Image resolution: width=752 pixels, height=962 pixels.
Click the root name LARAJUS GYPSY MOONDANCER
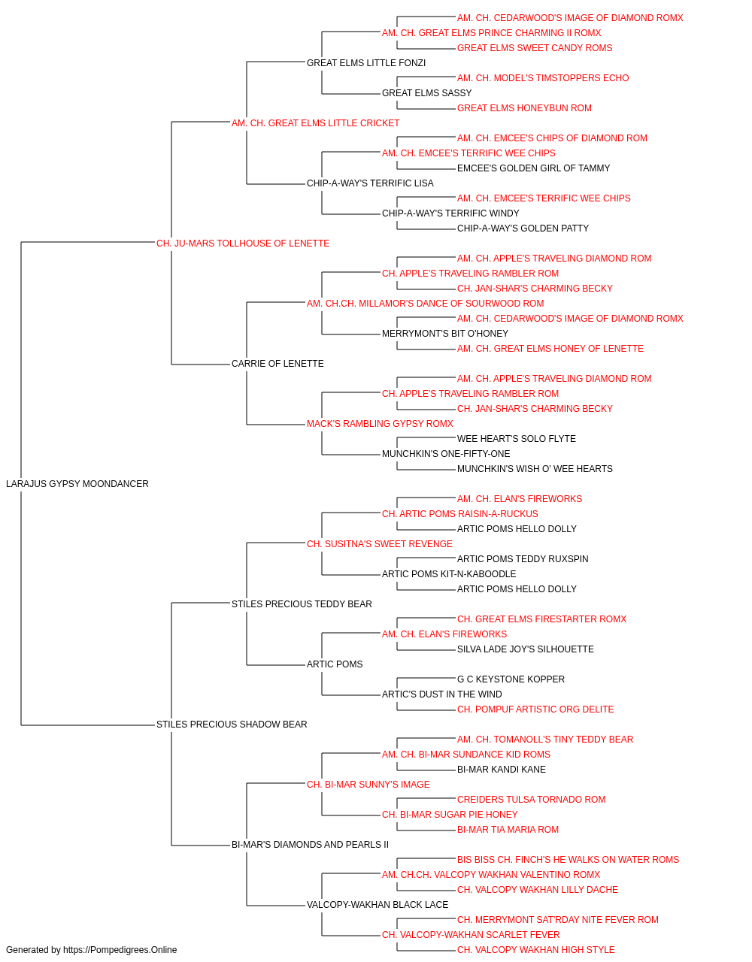pyautogui.click(x=77, y=484)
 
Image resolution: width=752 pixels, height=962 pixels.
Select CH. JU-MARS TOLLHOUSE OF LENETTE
pyautogui.click(x=243, y=244)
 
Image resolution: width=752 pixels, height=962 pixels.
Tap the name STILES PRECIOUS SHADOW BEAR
pyautogui.click(x=232, y=725)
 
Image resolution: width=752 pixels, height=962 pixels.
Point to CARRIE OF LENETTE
pyautogui.click(x=277, y=364)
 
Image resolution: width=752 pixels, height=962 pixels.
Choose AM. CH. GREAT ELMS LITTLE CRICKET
pyautogui.click(x=315, y=123)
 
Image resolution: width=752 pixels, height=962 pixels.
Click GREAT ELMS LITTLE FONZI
pyautogui.click(x=366, y=63)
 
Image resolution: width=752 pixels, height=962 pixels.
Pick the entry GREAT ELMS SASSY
pyautogui.click(x=427, y=93)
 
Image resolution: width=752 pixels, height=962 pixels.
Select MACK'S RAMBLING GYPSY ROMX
pyautogui.click(x=380, y=424)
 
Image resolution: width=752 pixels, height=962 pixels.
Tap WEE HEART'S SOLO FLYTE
pyautogui.click(x=517, y=439)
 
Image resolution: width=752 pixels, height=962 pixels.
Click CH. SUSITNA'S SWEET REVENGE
pyautogui.click(x=380, y=544)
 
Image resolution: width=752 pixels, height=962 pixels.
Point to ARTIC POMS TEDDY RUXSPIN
pyautogui.click(x=523, y=559)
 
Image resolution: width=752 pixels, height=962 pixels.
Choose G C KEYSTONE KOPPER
pyautogui.click(x=511, y=679)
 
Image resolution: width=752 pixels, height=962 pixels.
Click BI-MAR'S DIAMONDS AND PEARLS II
pyautogui.click(x=310, y=845)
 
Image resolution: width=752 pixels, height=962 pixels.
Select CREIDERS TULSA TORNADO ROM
pyautogui.click(x=531, y=800)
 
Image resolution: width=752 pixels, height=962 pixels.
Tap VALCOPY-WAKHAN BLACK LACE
pyautogui.click(x=378, y=905)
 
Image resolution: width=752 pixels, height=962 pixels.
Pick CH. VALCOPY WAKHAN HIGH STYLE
pyautogui.click(x=536, y=950)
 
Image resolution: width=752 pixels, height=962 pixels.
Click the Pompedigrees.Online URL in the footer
pyautogui.click(x=120, y=950)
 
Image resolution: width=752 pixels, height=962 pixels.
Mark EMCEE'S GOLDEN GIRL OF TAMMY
pyautogui.click(x=533, y=168)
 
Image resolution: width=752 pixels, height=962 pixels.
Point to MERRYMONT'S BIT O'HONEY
pyautogui.click(x=445, y=334)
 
